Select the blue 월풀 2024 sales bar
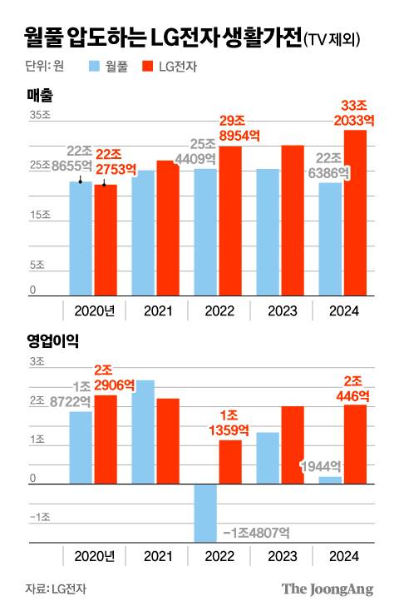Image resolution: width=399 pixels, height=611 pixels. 330,239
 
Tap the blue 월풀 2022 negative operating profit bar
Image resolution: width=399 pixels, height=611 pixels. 205,513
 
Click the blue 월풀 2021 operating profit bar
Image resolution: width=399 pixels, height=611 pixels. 143,432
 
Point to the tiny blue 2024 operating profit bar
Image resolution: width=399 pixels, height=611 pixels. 330,480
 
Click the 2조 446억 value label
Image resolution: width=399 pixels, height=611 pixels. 356,389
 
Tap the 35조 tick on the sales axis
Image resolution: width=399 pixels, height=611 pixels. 40,116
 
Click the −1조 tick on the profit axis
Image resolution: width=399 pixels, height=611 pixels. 39,517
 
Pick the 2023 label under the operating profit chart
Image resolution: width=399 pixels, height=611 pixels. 281,556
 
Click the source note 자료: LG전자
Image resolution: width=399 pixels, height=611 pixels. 57,589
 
